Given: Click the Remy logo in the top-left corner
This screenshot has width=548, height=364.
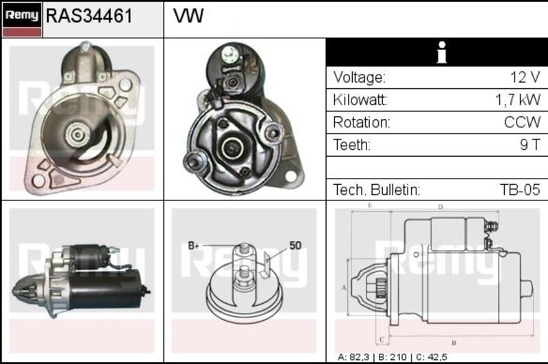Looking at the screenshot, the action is click(22, 20).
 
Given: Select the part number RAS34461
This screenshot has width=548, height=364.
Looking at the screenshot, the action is click(90, 16).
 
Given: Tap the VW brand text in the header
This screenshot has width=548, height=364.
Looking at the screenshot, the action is click(188, 16).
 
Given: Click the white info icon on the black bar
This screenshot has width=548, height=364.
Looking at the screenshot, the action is click(442, 53).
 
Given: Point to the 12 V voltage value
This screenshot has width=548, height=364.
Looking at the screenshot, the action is click(525, 77).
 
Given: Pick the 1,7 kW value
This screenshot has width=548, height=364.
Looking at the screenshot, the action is click(518, 100).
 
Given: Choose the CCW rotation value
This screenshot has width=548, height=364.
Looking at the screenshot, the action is click(522, 122).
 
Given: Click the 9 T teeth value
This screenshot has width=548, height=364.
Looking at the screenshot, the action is click(530, 144).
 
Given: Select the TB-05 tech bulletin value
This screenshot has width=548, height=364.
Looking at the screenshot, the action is click(520, 190).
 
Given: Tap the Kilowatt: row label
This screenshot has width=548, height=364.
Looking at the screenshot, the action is click(360, 100).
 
